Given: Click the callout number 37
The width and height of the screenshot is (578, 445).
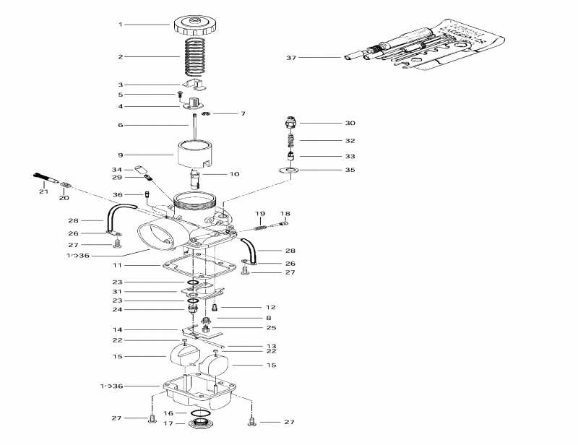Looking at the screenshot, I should click(x=291, y=57).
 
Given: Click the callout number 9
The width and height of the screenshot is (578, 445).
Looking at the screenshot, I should click(x=121, y=154).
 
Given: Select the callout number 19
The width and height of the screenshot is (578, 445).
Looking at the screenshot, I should click(x=260, y=214).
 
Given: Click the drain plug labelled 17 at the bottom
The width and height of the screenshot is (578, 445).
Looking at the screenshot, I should click(x=199, y=423).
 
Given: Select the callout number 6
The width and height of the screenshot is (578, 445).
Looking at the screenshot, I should click(x=121, y=125).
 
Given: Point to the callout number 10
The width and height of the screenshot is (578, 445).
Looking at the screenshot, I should click(x=234, y=174).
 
